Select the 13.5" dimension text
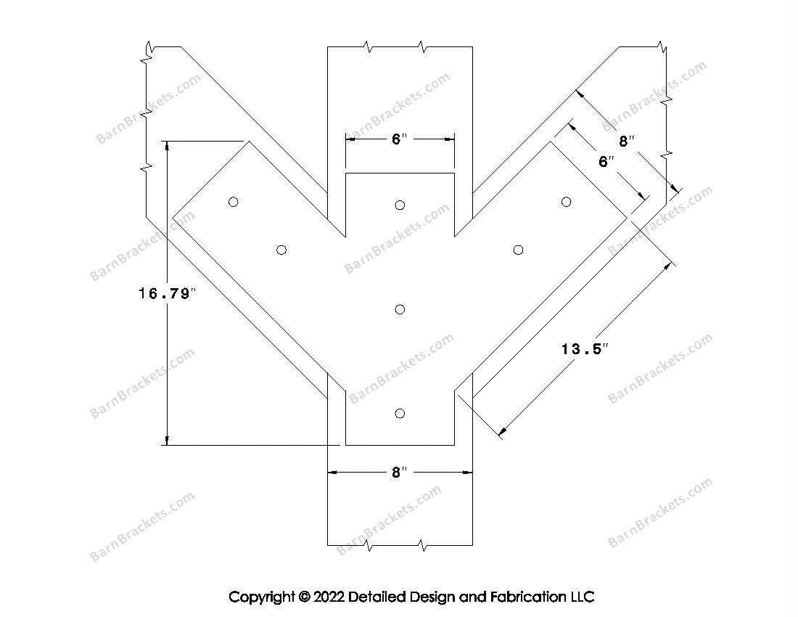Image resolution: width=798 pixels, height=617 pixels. point(583,349)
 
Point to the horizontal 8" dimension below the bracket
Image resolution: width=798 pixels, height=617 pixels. point(400,473)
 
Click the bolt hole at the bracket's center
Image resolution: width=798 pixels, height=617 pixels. point(400,310)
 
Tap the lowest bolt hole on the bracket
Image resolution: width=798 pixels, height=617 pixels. point(400,414)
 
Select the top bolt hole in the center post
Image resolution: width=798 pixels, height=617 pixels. point(400,205)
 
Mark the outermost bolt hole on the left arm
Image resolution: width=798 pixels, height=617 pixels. point(233,202)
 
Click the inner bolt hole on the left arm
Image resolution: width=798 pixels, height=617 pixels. point(281,250)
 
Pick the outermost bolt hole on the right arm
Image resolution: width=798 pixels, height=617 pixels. point(567,201)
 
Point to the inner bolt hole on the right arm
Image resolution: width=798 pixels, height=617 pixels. point(518,250)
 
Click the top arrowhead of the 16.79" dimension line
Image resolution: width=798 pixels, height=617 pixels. point(168,146)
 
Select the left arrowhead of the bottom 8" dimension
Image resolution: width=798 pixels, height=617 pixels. point(333,473)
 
